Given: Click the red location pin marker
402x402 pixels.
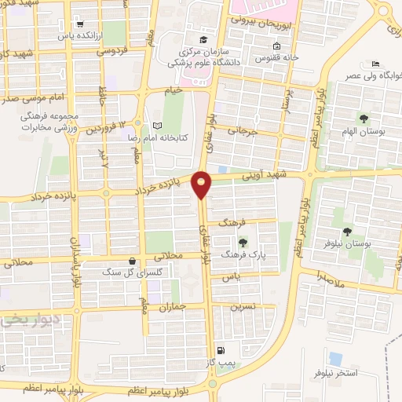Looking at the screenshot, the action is (203, 185).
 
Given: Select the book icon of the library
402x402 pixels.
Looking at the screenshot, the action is (157, 126).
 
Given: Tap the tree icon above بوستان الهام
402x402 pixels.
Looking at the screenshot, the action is (363, 118).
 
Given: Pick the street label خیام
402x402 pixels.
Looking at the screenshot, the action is (172, 91).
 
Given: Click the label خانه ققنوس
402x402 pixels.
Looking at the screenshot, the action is (280, 57).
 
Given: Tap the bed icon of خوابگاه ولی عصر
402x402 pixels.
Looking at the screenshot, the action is (375, 63).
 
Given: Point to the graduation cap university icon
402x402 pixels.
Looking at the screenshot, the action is (203, 40).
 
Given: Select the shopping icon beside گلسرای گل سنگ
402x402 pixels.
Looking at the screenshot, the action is (132, 261).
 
